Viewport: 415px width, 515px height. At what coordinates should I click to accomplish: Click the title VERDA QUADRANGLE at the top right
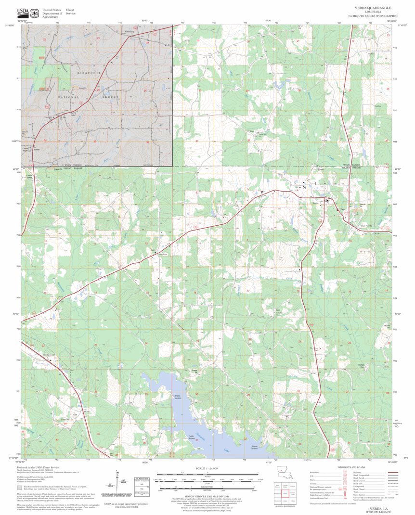(373, 8)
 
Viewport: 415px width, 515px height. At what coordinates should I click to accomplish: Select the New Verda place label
(368, 226)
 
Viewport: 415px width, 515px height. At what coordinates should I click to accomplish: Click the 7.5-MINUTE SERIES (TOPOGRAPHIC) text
(373, 16)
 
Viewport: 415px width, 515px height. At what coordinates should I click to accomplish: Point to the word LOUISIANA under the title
(373, 13)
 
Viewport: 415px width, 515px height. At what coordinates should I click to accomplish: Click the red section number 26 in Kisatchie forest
(98, 90)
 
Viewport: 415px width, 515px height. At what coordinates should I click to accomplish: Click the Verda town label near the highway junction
(316, 204)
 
